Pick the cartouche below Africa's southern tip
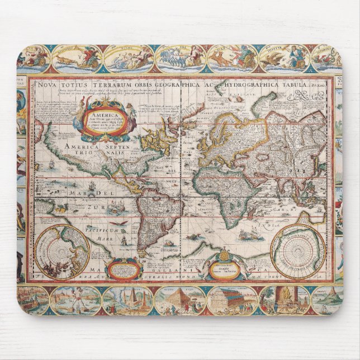tap(223, 268)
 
